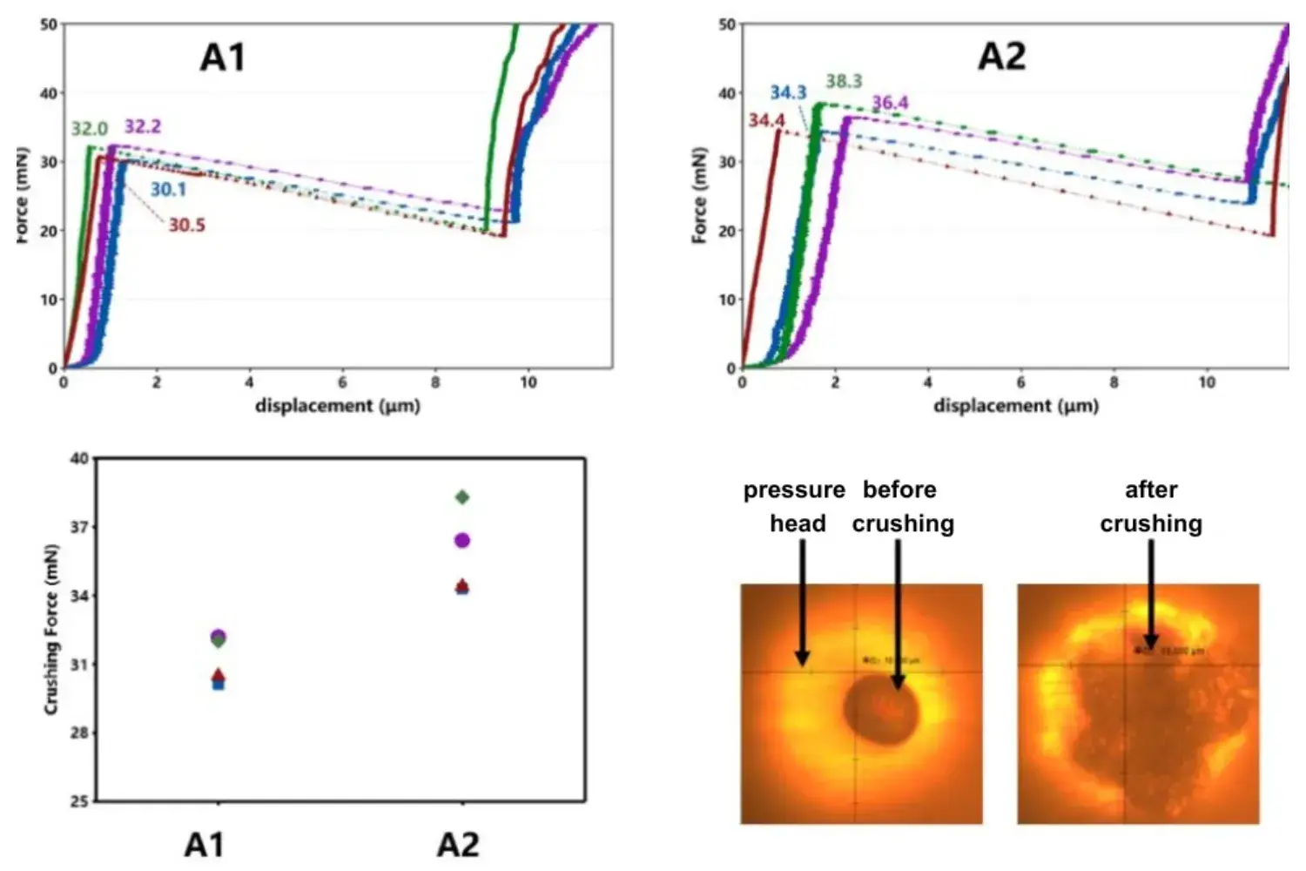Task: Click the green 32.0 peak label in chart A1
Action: click(89, 129)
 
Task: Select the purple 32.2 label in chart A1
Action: click(143, 126)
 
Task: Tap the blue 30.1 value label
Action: click(168, 190)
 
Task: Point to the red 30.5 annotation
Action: click(186, 226)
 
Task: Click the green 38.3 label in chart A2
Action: click(843, 82)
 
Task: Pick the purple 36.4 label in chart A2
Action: click(890, 103)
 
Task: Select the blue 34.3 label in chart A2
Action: click(788, 92)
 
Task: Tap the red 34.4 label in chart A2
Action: click(766, 120)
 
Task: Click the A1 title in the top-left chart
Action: click(223, 57)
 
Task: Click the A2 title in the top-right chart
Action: click(1002, 57)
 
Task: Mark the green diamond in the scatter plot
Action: click(462, 497)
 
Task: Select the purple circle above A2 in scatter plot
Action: click(462, 541)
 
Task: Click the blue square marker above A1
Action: click(219, 685)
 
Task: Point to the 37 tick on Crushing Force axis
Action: click(79, 527)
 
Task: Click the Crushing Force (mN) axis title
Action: click(51, 630)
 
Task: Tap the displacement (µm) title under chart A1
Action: click(337, 406)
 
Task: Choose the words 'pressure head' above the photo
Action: click(795, 506)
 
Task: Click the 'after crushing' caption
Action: click(1151, 506)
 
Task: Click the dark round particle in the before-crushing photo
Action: click(880, 710)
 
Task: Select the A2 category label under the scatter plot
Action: click(458, 845)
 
